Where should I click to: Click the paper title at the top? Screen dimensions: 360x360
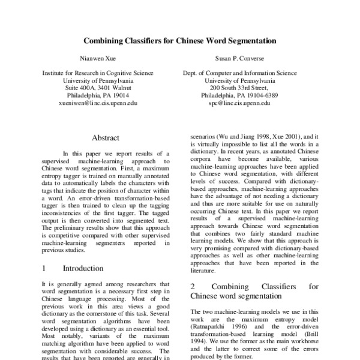point(180,42)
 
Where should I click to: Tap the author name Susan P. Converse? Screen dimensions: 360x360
point(240,60)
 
